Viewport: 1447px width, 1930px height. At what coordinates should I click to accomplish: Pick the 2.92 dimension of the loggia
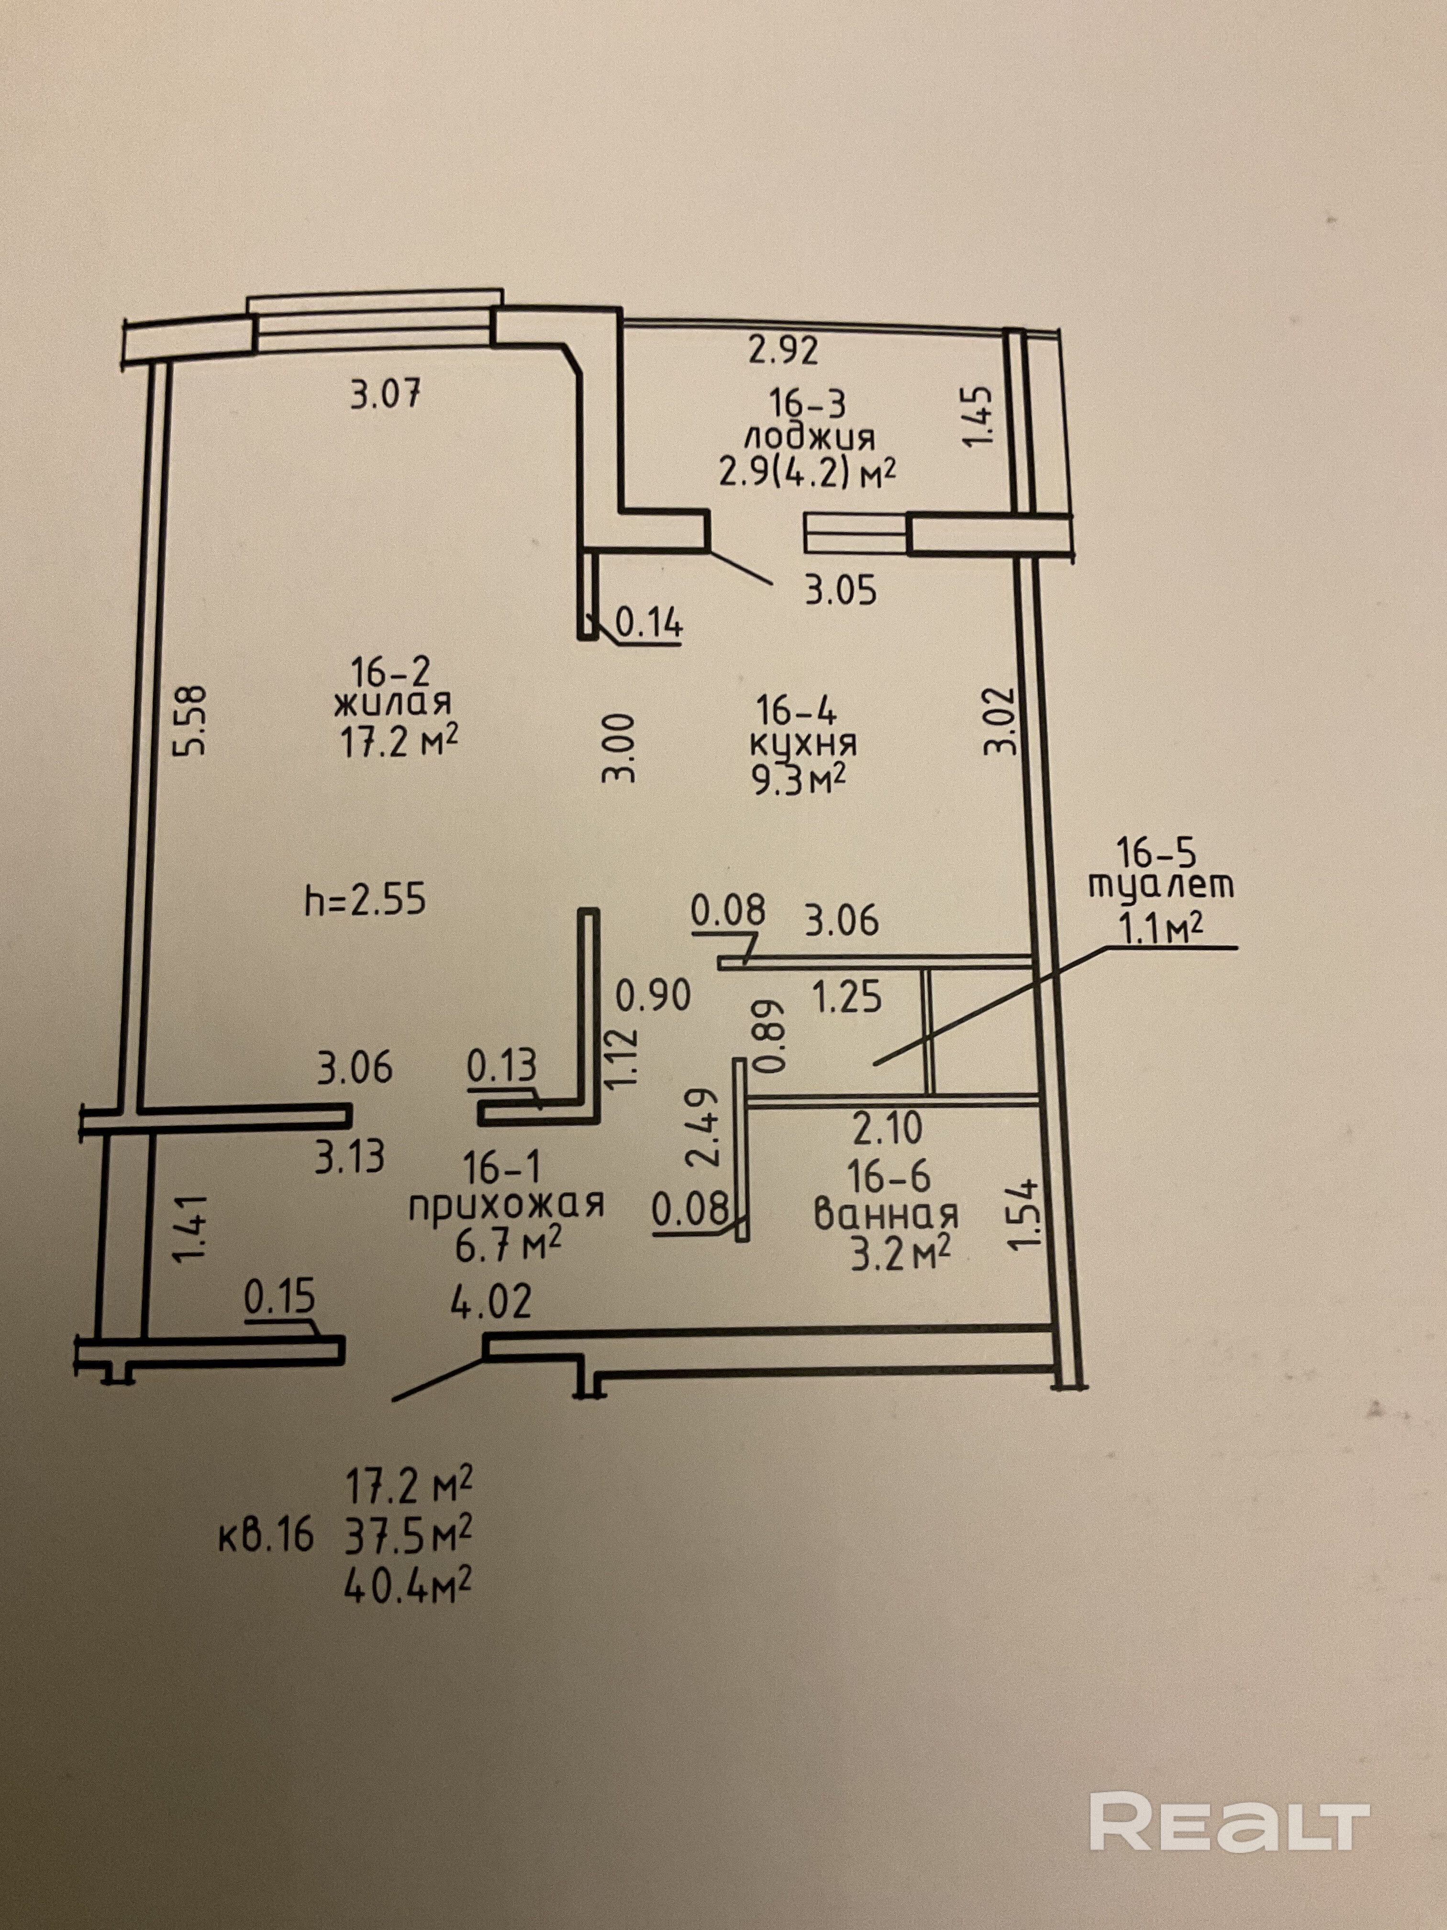pos(783,351)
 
